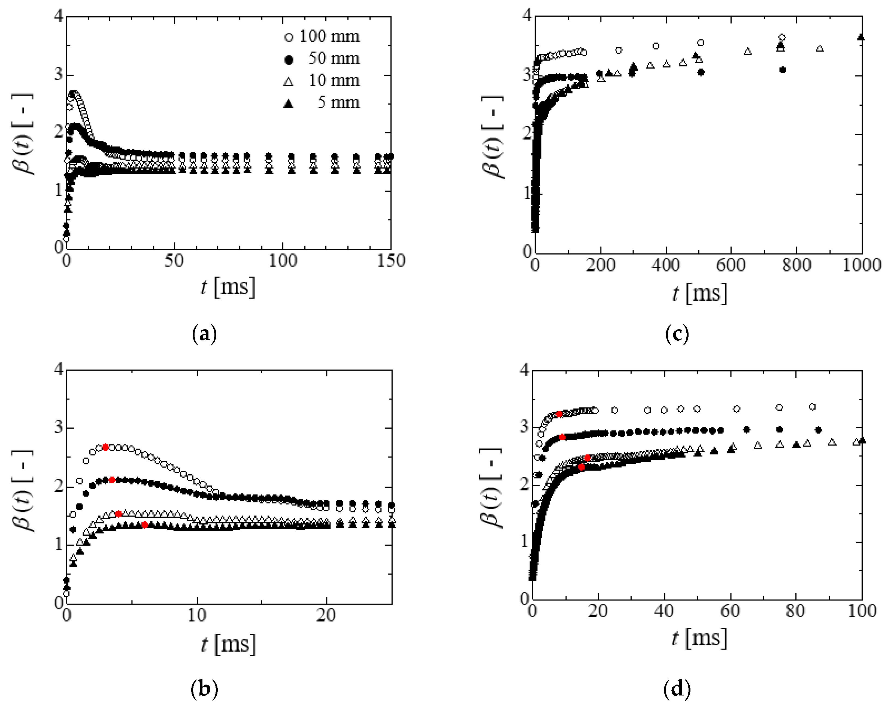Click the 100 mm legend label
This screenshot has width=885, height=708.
[x=329, y=36]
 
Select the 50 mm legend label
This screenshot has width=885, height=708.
[x=334, y=58]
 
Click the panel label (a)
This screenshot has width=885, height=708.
[x=204, y=334]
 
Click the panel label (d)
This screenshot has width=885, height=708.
[x=677, y=689]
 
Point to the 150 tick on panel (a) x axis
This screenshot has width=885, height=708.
[x=391, y=261]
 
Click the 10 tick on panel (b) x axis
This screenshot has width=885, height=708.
[x=197, y=616]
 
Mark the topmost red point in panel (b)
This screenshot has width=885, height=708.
[x=105, y=447]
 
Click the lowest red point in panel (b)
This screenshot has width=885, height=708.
[x=144, y=525]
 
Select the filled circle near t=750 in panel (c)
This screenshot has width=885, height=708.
[x=782, y=70]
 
